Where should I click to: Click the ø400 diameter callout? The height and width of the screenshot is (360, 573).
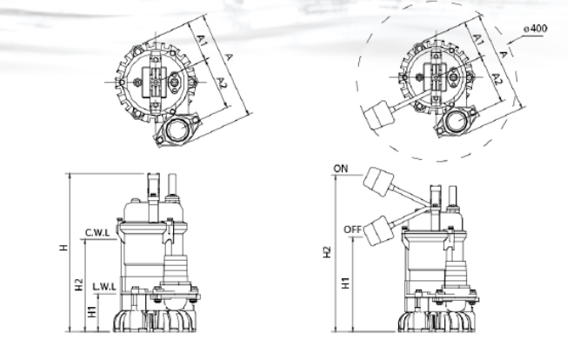pos(536,29)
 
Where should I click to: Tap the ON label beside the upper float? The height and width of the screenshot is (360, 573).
pos(341,169)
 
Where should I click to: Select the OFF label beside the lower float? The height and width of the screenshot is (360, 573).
pos(353,230)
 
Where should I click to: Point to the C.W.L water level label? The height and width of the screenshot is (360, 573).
pos(97,232)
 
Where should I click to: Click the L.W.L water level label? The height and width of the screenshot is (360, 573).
pos(104,287)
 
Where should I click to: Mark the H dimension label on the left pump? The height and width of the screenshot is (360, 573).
pos(63,248)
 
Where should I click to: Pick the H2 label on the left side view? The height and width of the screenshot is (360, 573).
pos(79,284)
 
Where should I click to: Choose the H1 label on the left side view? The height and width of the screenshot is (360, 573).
pos(92,311)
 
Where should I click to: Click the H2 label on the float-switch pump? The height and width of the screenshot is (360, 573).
pos(327,252)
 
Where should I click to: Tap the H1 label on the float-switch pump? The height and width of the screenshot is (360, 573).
pos(346,283)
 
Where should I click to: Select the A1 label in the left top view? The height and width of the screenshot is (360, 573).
pos(202,40)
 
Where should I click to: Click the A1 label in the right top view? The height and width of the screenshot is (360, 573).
pos(478,39)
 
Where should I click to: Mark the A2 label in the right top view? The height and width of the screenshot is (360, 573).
pos(496,79)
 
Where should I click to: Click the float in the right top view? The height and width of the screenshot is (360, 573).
pos(379,116)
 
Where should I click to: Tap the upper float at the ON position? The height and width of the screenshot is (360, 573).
pos(379,182)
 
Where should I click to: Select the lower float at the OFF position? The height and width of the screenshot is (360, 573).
pos(379,230)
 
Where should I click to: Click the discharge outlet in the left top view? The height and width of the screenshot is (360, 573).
pos(177,129)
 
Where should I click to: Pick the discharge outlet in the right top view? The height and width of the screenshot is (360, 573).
pos(456,121)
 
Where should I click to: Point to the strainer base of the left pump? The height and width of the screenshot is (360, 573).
pos(154,321)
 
